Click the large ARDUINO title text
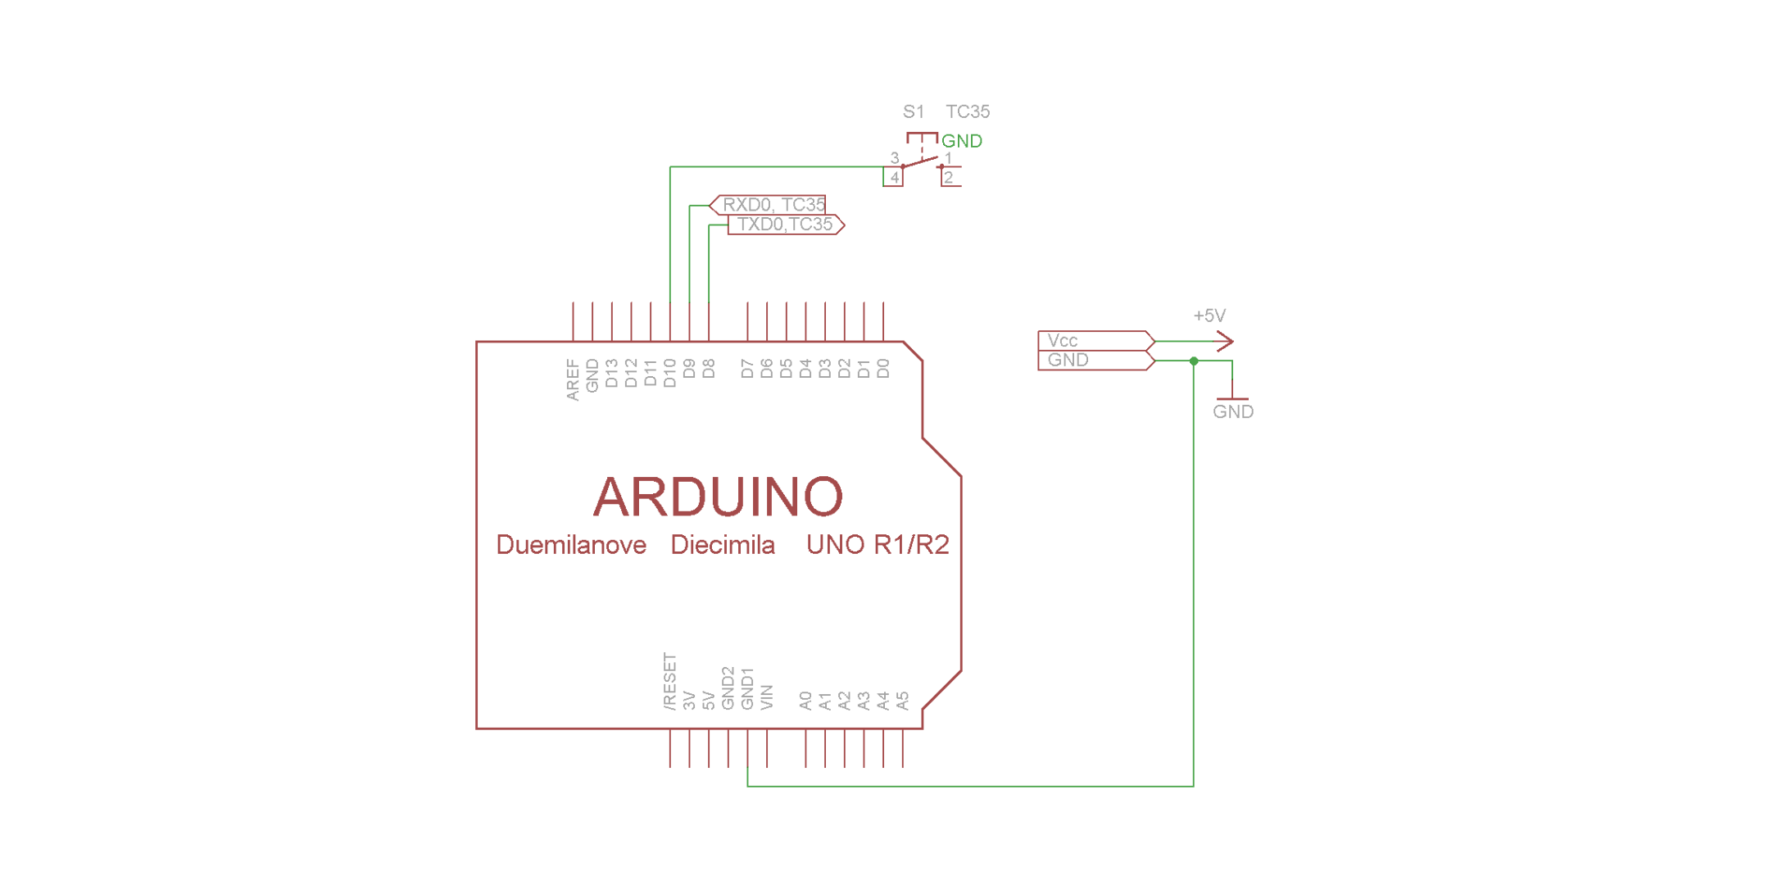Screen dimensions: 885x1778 pyautogui.click(x=718, y=497)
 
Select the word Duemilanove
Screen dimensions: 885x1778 pyautogui.click(x=571, y=545)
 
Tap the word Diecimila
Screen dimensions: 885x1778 pyautogui.click(x=722, y=545)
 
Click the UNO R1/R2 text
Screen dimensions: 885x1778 pyautogui.click(x=877, y=545)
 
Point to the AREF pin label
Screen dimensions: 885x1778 pyautogui.click(x=573, y=379)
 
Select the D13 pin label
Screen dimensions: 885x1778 pyautogui.click(x=612, y=374)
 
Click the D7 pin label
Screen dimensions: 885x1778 pyautogui.click(x=747, y=370)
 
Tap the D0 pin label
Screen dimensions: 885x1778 pyautogui.click(x=883, y=370)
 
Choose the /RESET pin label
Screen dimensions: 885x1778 pyautogui.click(x=670, y=681)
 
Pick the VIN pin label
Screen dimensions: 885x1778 pyautogui.click(x=767, y=697)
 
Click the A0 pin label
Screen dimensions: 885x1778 pyautogui.click(x=805, y=701)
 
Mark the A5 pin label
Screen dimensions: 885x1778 pyautogui.click(x=902, y=701)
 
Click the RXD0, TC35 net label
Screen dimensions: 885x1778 pyautogui.click(x=773, y=205)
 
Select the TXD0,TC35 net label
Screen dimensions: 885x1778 pyautogui.click(x=784, y=225)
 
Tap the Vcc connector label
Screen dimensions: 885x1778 pyautogui.click(x=1063, y=341)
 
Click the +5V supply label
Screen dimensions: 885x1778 pyautogui.click(x=1209, y=315)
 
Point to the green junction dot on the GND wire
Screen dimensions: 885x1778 pyautogui.click(x=1194, y=361)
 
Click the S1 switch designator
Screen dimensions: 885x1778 pyautogui.click(x=913, y=111)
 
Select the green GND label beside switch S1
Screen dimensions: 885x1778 pyautogui.click(x=961, y=141)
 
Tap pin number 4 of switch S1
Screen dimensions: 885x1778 pyautogui.click(x=894, y=178)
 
